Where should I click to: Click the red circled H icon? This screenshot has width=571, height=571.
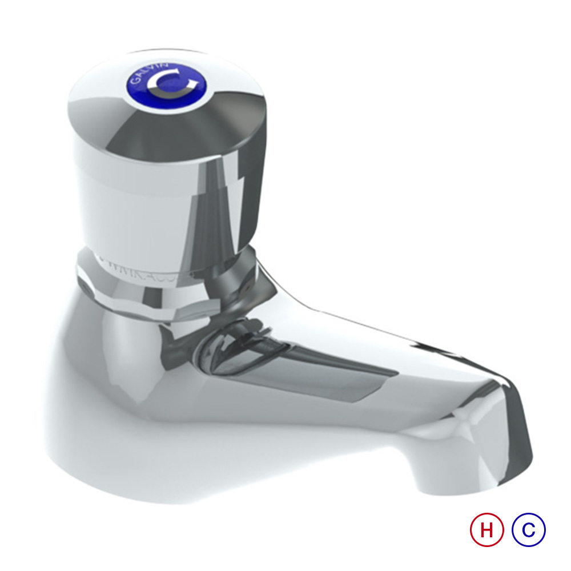tap(486, 530)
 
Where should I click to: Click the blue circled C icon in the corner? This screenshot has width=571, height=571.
tap(529, 530)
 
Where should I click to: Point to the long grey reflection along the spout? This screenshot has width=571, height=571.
tap(320, 371)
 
